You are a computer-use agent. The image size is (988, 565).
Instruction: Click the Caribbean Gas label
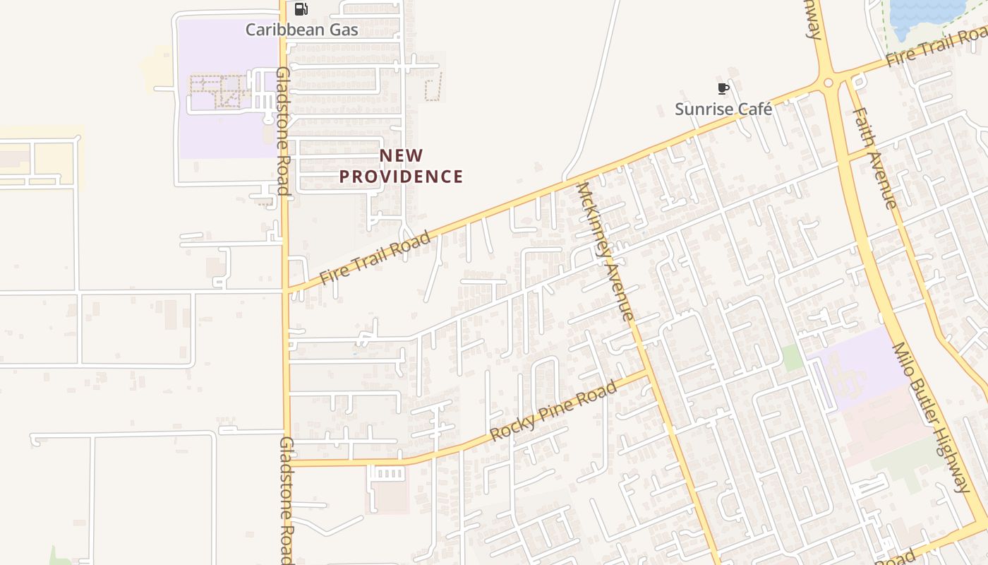pos(301,30)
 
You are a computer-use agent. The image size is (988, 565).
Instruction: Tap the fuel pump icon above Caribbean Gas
pos(301,9)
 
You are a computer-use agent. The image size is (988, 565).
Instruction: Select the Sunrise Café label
pos(723,109)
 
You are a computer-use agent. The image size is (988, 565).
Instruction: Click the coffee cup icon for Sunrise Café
pos(723,88)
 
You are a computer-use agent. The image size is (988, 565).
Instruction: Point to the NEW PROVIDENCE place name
pos(401,166)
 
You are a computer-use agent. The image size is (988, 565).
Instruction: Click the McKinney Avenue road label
pos(606,251)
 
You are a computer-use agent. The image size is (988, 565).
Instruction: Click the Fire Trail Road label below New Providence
pos(375,258)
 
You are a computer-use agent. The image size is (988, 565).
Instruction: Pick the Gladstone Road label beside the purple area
pos(282,131)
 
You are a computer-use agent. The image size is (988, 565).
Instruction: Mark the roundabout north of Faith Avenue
pos(829,83)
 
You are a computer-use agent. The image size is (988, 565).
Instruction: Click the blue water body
pos(924,14)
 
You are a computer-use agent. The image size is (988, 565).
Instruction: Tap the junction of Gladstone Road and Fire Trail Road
pos(286,290)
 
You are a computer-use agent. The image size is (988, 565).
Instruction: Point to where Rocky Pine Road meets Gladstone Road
pos(287,463)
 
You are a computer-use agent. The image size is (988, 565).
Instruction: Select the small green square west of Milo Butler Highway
pos(793,357)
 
